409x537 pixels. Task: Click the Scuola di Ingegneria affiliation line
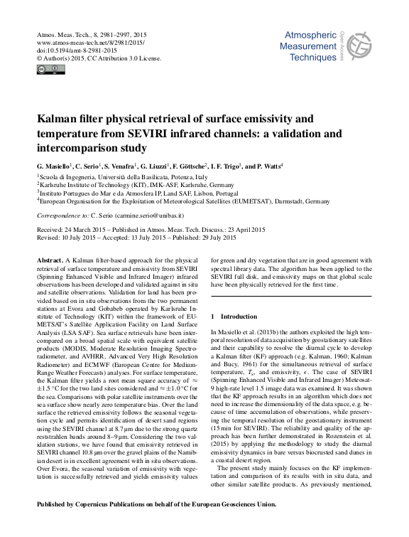[x=123, y=176]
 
